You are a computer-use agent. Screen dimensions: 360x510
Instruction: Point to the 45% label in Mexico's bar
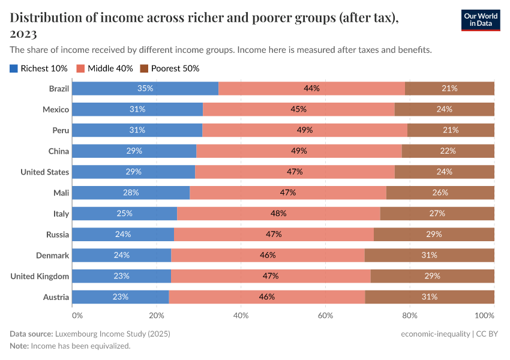[x=299, y=109]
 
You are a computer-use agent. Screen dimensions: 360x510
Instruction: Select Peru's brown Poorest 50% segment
[x=451, y=130]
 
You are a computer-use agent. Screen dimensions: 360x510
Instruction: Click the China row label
[x=59, y=151]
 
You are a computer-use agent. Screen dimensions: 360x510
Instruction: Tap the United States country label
[x=45, y=172]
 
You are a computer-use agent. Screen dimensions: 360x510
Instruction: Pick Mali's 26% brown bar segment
[x=440, y=193]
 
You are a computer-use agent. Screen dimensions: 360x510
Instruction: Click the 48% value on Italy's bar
[x=278, y=214]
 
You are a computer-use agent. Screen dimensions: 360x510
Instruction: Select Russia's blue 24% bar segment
[x=123, y=235]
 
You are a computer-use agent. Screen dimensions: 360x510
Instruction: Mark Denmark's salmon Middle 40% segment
[x=268, y=255]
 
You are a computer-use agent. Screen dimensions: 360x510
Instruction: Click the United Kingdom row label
[x=40, y=276]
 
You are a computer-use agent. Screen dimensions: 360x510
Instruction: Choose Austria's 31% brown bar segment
[x=430, y=297]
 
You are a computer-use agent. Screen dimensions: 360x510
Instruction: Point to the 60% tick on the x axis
[x=325, y=315]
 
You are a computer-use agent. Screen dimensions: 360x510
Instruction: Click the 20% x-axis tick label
[x=156, y=315]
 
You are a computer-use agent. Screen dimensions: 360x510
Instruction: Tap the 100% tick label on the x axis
[x=484, y=315]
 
